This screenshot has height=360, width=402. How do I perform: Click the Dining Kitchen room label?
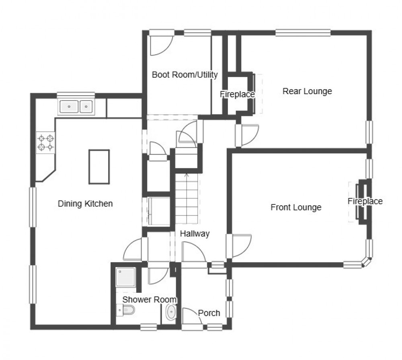tap(85, 204)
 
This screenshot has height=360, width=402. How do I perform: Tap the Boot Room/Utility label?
tap(185, 75)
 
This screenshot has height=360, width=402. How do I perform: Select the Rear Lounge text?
tap(307, 91)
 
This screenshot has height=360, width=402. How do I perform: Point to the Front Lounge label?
tap(296, 208)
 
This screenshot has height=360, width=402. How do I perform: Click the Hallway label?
tap(195, 234)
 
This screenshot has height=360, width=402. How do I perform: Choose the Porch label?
tap(209, 313)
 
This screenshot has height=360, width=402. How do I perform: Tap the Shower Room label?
tap(150, 300)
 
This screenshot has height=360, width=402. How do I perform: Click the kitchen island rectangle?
tap(99, 167)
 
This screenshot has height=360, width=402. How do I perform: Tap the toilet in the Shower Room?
tap(126, 310)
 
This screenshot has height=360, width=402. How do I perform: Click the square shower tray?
tap(126, 278)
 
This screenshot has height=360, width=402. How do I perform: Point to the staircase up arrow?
tap(186, 176)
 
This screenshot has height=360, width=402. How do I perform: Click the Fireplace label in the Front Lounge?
tap(365, 202)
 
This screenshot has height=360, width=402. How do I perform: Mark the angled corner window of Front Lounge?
tap(365, 262)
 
